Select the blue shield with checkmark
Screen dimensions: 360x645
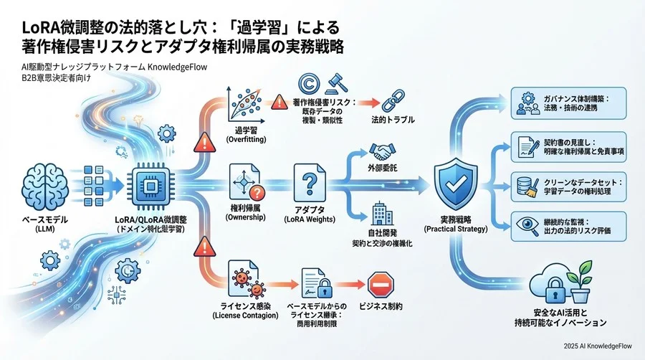tap(455, 181)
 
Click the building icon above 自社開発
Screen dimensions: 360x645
tap(381, 214)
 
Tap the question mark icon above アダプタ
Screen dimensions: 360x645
tap(310, 184)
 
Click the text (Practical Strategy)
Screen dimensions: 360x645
tap(456, 229)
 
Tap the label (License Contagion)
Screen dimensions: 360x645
tap(242, 316)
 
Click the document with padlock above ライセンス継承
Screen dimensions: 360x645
tap(310, 285)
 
